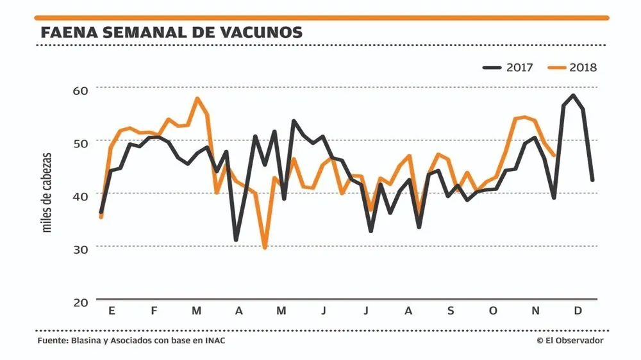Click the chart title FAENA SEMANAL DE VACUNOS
[171, 33]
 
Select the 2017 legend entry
[508, 67]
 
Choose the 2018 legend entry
[573, 67]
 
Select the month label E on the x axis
[112, 311]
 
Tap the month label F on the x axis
[154, 311]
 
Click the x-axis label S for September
[451, 311]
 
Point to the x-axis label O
[493, 311]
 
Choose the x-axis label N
[535, 311]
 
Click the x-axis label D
[578, 311]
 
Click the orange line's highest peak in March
[197, 99]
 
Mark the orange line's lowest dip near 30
[264, 247]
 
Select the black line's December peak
[573, 96]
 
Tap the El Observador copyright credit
[570, 341]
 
